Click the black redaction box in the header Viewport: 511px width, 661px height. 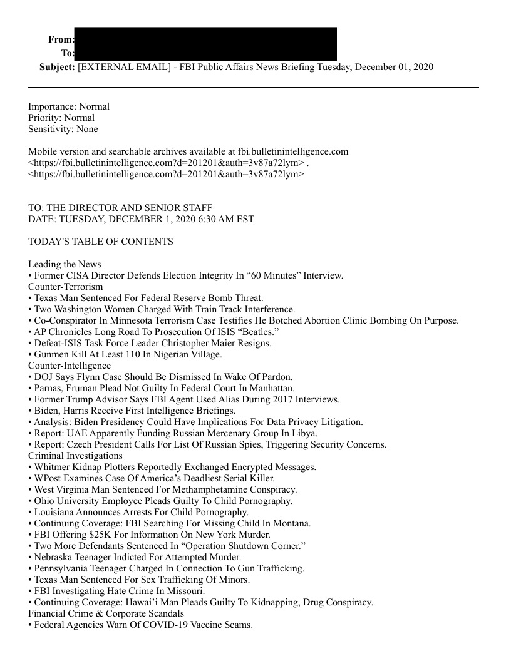[205, 44]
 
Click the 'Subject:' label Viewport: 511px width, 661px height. [57, 67]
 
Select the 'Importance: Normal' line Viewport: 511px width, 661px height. [69, 106]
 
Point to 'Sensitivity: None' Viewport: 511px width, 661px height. [63, 129]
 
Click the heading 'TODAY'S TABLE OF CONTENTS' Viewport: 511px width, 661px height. [101, 241]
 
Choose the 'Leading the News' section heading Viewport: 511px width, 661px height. [65, 264]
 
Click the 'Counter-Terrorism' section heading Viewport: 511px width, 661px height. [66, 286]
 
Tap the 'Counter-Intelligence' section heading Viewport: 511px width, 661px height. [70, 365]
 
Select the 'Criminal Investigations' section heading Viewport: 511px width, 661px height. [75, 455]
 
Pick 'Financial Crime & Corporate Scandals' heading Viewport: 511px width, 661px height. [106, 613]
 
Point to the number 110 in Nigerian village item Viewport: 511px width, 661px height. [140, 354]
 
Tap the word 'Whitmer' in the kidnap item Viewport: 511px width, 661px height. [53, 466]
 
